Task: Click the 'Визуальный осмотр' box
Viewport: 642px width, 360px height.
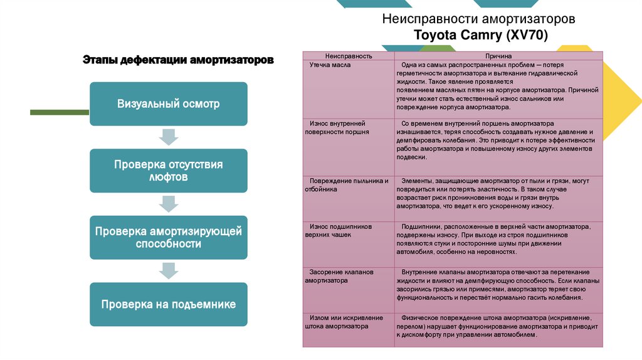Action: [169, 103]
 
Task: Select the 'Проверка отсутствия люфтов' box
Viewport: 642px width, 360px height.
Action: [169, 171]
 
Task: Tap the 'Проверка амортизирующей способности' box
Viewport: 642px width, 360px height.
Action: [169, 238]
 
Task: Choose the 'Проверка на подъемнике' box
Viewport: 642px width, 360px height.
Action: [169, 304]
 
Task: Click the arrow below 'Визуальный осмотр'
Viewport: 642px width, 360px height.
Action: [169, 136]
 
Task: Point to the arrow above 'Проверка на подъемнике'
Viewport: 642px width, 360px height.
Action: [169, 270]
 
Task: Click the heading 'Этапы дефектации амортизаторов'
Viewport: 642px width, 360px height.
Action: [178, 61]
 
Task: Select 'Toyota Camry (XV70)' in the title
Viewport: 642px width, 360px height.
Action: [481, 35]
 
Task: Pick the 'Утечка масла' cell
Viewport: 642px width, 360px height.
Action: [330, 65]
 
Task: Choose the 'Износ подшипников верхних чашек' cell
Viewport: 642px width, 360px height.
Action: [339, 230]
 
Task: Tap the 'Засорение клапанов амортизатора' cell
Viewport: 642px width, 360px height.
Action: [339, 277]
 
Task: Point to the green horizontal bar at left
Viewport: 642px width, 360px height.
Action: [60, 112]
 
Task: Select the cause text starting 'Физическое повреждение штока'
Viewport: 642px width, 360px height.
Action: [498, 327]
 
